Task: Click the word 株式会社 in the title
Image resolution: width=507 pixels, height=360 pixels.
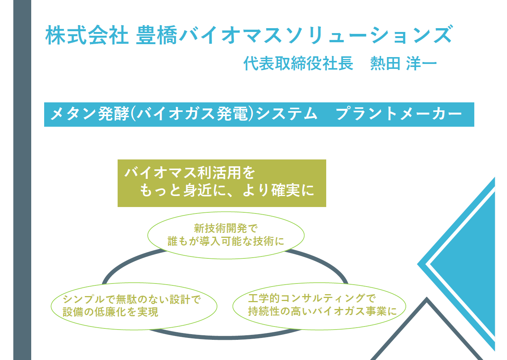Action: click(x=87, y=35)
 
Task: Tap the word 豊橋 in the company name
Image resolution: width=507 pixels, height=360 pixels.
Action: click(x=156, y=35)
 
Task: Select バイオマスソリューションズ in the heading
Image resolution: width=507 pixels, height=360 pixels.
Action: click(x=316, y=35)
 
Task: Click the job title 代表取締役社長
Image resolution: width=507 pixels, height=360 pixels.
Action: click(x=298, y=63)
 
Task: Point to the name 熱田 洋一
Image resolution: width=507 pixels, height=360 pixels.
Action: click(x=403, y=63)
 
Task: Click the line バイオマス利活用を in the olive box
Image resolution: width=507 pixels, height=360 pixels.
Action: click(x=190, y=173)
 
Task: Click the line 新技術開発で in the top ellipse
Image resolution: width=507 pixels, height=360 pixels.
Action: click(x=226, y=228)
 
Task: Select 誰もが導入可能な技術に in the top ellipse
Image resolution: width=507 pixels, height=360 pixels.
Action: click(x=226, y=241)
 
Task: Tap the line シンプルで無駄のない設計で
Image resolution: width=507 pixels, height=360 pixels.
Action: click(x=132, y=299)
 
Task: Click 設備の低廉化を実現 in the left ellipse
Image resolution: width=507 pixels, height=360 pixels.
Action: click(x=110, y=312)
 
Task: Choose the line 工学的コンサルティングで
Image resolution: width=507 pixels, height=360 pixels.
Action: click(x=312, y=298)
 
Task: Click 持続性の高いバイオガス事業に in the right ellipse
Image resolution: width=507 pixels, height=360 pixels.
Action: click(x=322, y=311)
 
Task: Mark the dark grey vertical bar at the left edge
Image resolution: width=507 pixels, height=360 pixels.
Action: click(x=22, y=180)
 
